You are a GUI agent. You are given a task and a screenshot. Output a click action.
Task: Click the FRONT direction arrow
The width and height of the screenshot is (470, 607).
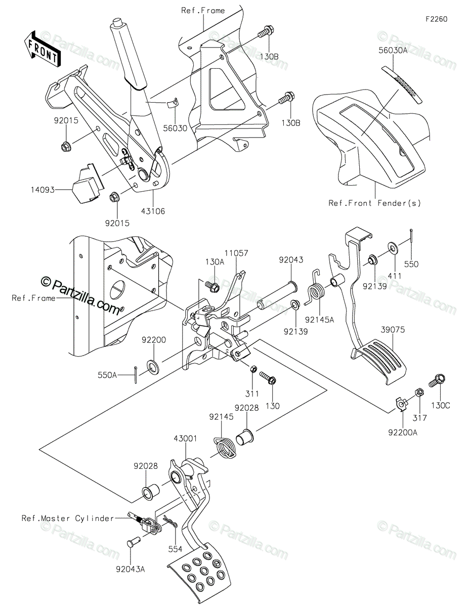[42, 50]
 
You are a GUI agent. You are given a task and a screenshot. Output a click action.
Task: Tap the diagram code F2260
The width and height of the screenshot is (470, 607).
[437, 19]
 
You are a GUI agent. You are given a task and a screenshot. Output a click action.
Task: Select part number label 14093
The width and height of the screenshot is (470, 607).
[42, 190]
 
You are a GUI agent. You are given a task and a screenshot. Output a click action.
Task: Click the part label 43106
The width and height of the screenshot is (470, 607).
[153, 211]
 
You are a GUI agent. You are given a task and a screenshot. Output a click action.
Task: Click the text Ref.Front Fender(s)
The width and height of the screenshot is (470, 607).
[374, 203]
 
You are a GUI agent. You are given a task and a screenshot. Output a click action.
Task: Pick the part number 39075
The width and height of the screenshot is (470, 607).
[393, 330]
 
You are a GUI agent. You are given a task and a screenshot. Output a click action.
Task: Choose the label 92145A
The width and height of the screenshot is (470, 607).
[319, 320]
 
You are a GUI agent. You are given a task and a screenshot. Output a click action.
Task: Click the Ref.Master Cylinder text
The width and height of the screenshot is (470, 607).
[68, 518]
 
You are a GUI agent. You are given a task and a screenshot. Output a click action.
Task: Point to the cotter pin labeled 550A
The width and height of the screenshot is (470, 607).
[135, 375]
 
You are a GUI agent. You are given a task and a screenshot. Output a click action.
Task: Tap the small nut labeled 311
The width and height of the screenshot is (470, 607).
[253, 369]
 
